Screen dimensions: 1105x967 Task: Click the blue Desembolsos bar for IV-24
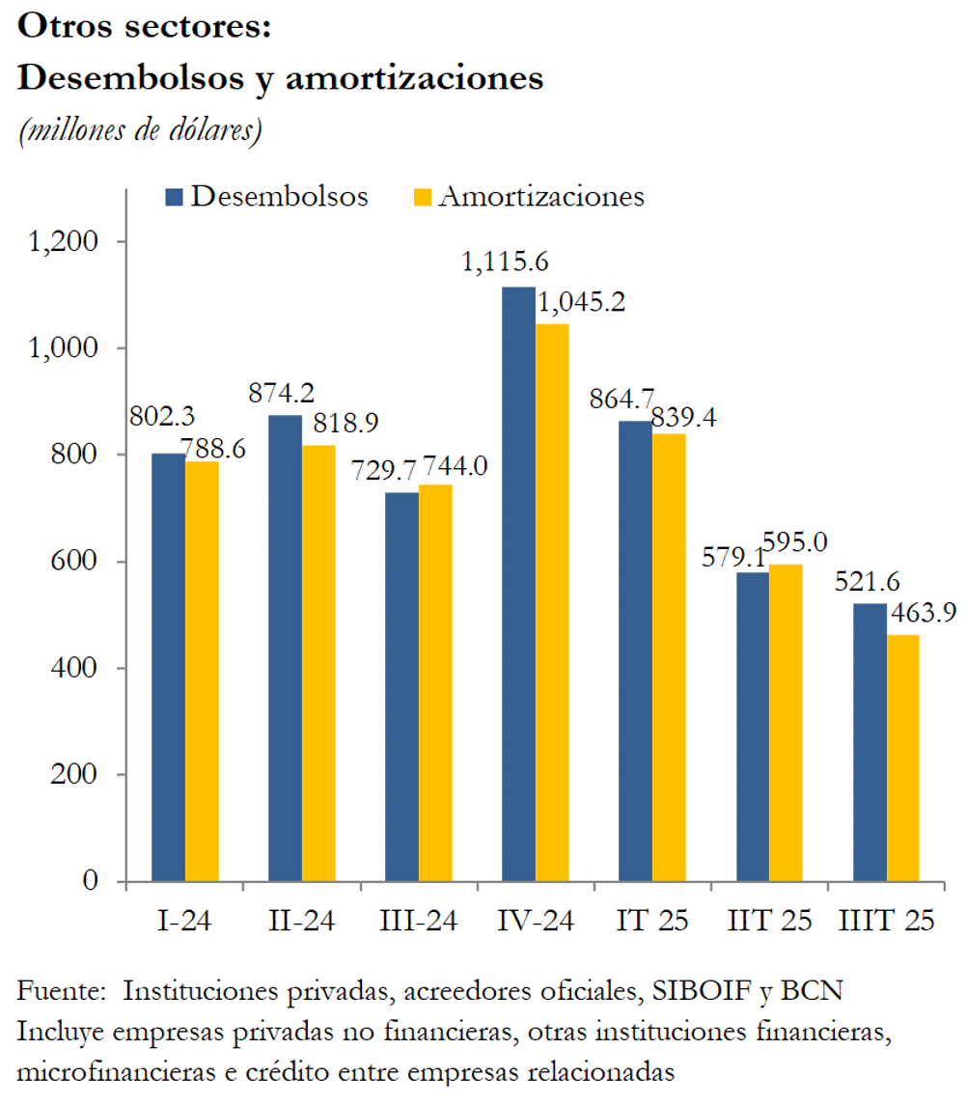[518, 584]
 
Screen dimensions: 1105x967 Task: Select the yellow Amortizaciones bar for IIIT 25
[902, 758]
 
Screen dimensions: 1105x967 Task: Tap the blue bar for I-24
[168, 667]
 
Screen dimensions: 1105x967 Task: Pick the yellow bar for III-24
[435, 682]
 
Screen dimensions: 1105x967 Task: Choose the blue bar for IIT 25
[753, 727]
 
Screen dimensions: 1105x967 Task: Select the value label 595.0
[794, 542]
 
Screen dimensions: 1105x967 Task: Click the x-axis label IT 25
[652, 921]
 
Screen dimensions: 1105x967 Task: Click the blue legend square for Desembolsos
[176, 197]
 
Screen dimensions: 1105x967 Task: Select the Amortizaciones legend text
[540, 196]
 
